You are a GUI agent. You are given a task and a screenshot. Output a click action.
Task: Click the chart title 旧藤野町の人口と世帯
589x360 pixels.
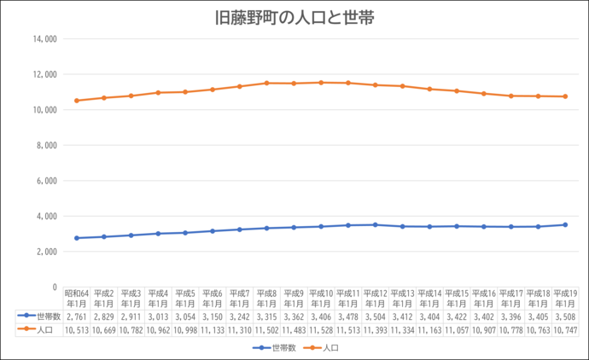pyautogui.click(x=294, y=18)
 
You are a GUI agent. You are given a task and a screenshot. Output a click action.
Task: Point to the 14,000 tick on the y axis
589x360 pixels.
pyautogui.click(x=44, y=39)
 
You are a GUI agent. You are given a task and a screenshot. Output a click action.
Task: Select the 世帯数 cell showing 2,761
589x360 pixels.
pyautogui.click(x=77, y=316)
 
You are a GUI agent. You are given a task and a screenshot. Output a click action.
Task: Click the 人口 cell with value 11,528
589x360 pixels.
pyautogui.click(x=321, y=328)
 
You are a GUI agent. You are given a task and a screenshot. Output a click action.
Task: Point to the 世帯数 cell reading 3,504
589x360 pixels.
pyautogui.click(x=375, y=316)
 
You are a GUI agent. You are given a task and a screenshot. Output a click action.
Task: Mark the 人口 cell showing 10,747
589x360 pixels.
pyautogui.click(x=564, y=328)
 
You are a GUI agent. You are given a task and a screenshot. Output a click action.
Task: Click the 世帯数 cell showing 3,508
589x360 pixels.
pyautogui.click(x=564, y=316)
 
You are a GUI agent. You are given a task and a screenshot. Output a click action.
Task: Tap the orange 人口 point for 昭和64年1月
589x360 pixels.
pyautogui.click(x=77, y=101)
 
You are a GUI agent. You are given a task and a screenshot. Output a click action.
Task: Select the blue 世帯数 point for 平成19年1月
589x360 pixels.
pyautogui.click(x=564, y=224)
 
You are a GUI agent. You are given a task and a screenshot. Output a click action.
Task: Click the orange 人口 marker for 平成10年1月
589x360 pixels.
pyautogui.click(x=321, y=83)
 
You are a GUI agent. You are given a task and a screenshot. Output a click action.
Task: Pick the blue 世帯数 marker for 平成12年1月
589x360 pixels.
pyautogui.click(x=375, y=224)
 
